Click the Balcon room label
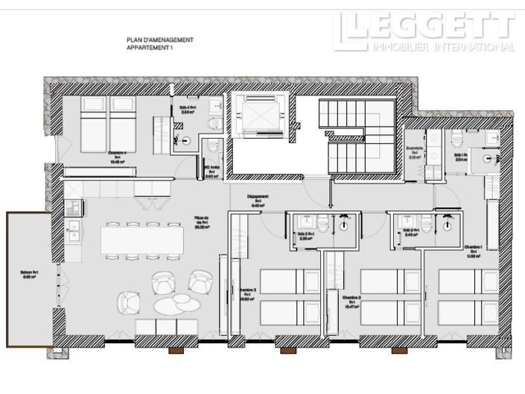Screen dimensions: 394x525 click(29, 275)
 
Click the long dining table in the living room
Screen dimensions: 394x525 click(141, 240)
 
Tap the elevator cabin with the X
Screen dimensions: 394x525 click(258, 116)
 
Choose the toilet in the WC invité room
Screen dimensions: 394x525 click(214, 146)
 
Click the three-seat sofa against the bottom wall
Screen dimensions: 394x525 click(166, 326)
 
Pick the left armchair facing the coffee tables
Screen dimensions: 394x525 click(128, 301)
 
